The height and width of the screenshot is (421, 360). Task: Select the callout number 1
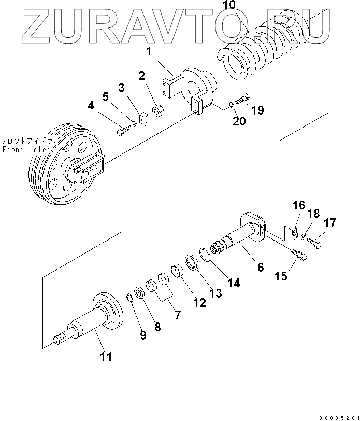tap(148, 52)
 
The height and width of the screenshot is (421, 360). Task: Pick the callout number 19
tap(257, 110)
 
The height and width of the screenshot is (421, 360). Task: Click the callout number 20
tap(239, 121)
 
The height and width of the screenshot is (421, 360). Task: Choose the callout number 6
tap(261, 267)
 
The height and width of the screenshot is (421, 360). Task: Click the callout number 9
tap(143, 335)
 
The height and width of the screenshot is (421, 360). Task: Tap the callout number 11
tap(105, 356)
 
